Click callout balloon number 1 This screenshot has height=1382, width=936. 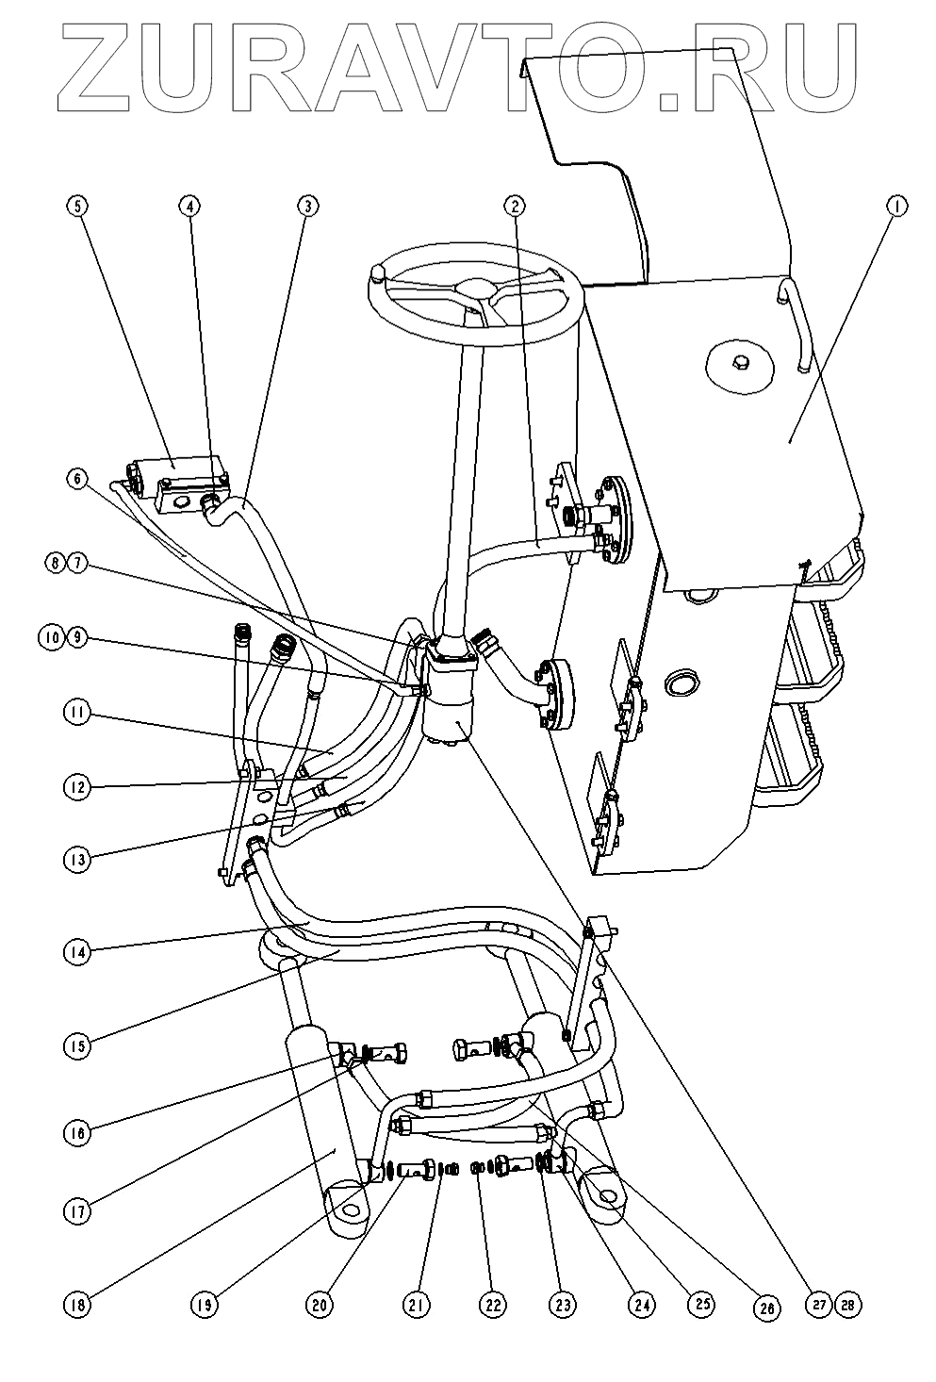click(x=898, y=204)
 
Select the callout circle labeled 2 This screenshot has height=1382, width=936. click(x=513, y=204)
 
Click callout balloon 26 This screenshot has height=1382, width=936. click(x=768, y=1308)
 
